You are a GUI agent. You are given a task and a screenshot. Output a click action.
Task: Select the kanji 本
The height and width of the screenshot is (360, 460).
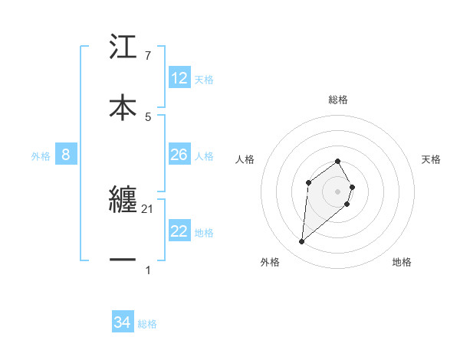click(123, 106)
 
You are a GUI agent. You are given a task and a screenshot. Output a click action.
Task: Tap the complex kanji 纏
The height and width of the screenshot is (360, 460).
click(123, 201)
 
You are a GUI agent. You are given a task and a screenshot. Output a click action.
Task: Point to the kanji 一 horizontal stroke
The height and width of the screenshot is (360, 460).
click(123, 260)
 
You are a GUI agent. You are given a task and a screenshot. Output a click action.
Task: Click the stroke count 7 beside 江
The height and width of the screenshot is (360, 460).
click(148, 56)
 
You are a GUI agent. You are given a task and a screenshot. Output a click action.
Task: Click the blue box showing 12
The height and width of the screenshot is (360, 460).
click(179, 78)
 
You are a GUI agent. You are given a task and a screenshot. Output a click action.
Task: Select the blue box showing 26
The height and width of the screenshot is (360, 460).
click(179, 155)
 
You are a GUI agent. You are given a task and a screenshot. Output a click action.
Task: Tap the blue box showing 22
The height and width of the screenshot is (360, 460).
click(179, 231)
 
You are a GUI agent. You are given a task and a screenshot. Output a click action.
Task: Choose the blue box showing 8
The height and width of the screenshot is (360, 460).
click(66, 155)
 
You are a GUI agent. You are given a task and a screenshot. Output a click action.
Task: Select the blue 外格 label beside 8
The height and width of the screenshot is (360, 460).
click(41, 155)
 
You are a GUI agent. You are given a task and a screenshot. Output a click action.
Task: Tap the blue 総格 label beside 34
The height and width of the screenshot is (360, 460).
click(147, 323)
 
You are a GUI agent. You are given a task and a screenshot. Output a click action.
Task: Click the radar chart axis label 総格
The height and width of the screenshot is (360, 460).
click(338, 100)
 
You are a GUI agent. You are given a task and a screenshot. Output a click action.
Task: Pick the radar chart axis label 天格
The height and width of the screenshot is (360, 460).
click(431, 159)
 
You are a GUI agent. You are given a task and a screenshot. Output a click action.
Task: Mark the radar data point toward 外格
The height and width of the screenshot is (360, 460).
click(301, 242)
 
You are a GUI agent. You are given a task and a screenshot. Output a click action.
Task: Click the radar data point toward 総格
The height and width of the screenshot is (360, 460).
click(338, 161)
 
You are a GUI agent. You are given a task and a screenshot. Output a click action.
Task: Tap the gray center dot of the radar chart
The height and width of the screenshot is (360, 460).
click(338, 191)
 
